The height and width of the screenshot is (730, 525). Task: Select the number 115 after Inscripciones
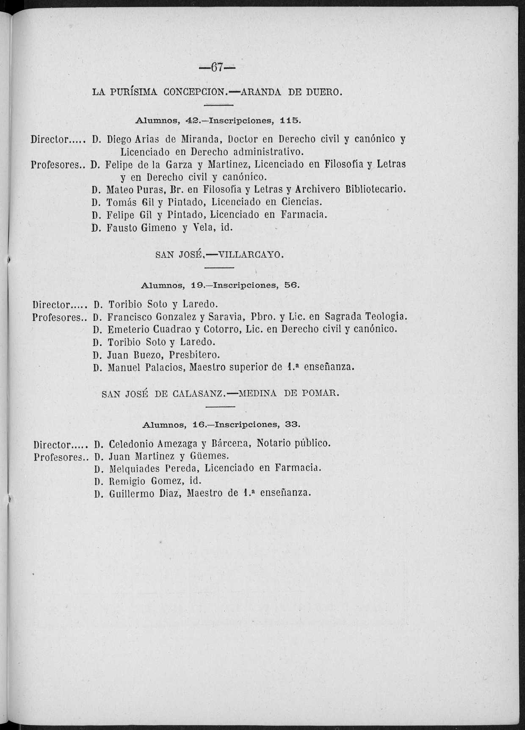[x=290, y=120]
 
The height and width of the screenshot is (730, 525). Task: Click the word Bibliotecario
[x=375, y=189]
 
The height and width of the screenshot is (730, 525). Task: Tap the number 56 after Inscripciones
[x=292, y=285]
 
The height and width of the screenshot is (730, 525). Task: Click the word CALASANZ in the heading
[x=198, y=394]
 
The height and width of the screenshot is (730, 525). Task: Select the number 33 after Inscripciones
[x=292, y=424]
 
